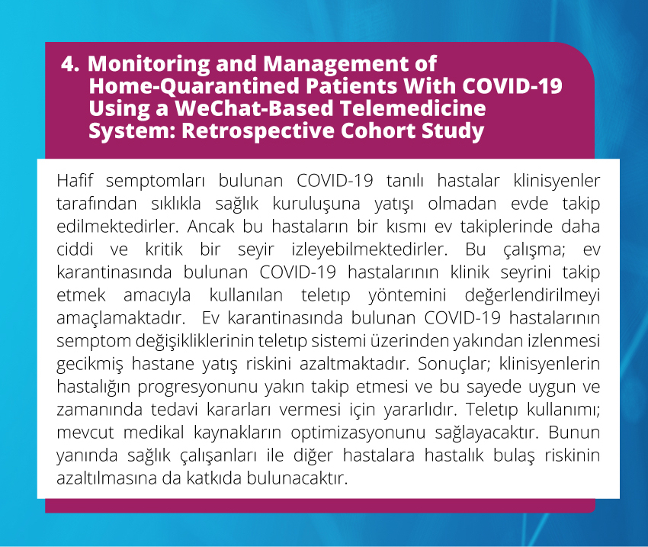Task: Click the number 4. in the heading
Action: (70, 64)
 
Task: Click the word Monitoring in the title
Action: (149, 65)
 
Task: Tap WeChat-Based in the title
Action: (254, 108)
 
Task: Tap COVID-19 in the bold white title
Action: (512, 86)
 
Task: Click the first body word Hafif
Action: (75, 181)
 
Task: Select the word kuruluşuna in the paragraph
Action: (316, 204)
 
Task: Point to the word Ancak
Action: (211, 227)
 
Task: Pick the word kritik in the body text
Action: (164, 249)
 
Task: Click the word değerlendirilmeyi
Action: (532, 295)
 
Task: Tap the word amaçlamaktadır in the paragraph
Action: (120, 318)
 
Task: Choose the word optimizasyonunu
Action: (358, 433)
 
